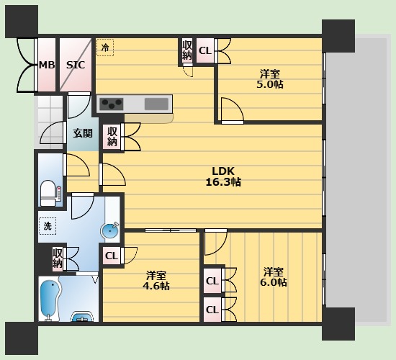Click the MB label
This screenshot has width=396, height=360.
pyautogui.click(x=47, y=65)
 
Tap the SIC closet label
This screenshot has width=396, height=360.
pyautogui.click(x=76, y=65)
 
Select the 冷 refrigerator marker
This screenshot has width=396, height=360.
pyautogui.click(x=105, y=48)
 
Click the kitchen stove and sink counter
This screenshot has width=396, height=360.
pyautogui.click(x=135, y=104)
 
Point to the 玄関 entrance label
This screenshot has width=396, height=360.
pyautogui.click(x=82, y=133)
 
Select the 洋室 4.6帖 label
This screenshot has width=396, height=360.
pyautogui.click(x=158, y=281)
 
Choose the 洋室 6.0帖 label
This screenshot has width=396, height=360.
pyautogui.click(x=274, y=277)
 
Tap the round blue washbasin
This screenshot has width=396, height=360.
pyautogui.click(x=109, y=232)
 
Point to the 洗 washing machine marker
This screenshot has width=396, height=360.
pyautogui.click(x=47, y=226)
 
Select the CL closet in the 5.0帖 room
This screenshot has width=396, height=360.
pyautogui.click(x=204, y=50)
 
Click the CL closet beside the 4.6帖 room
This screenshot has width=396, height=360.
pyautogui.click(x=112, y=255)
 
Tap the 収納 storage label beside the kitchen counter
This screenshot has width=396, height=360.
pyautogui.click(x=112, y=136)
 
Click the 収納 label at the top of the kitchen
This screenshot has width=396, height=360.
pyautogui.click(x=187, y=50)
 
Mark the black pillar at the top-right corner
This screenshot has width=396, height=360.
pyautogui.click(x=338, y=35)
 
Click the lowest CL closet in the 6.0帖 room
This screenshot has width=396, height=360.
pyautogui.click(x=212, y=310)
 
